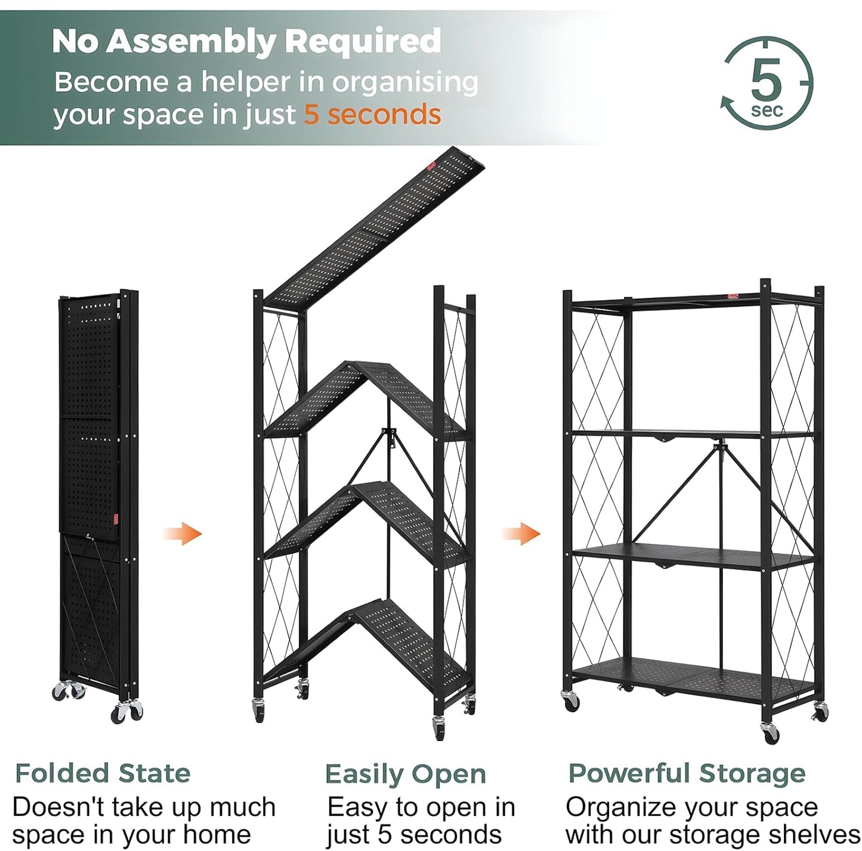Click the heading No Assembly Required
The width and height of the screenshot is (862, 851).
coord(246,41)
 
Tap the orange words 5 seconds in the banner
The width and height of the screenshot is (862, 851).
coord(372,114)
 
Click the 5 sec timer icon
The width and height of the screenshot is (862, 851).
coord(767,83)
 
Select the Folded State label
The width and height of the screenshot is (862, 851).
coord(103,773)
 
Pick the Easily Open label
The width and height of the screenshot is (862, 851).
coord(405,775)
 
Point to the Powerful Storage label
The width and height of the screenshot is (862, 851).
coord(687,773)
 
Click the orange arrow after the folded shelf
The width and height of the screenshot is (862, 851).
coord(184,533)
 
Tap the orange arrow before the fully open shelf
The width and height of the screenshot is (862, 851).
coord(522,533)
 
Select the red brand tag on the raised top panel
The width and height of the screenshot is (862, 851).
coord(431,167)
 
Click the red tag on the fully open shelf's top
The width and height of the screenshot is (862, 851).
coord(733,295)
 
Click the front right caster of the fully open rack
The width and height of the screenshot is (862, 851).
coord(770,733)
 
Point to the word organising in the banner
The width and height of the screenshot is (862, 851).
coord(404,83)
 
